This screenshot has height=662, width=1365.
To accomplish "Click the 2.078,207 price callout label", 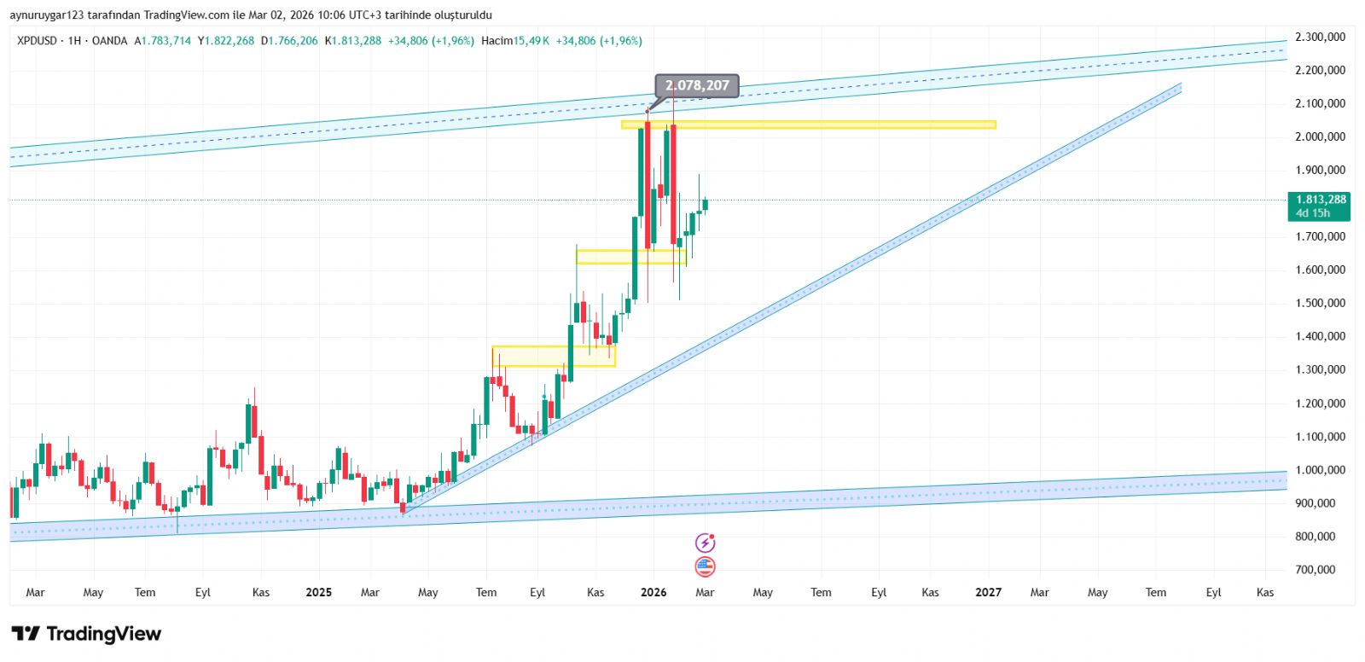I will pos(697,85).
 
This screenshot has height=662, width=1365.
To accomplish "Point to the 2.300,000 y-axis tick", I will pos(1320,37).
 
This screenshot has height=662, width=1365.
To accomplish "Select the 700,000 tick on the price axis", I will pos(1315,570).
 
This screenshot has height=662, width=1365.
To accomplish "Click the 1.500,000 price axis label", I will pos(1320,303).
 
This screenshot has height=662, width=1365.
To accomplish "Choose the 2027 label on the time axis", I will pos(988,592).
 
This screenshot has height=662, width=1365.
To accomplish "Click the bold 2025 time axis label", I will pos(318,592).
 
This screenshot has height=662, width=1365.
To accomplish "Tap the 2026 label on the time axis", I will pos(653,592).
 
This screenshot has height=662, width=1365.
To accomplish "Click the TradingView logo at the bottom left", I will pos(86,634).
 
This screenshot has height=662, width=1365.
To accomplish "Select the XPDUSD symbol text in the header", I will pos(37,41).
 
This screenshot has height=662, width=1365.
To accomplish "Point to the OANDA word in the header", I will pos(109,41).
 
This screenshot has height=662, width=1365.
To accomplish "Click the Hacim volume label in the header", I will pos(497,41).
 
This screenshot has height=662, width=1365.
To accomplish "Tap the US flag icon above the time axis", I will pos(705,566).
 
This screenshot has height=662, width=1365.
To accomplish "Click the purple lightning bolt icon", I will pos(705,543).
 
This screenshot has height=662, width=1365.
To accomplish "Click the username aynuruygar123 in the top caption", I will pos(47,15).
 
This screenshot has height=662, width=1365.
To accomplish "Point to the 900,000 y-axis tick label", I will pos(1315,503).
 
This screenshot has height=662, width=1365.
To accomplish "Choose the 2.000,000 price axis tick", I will pos(1320,136).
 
